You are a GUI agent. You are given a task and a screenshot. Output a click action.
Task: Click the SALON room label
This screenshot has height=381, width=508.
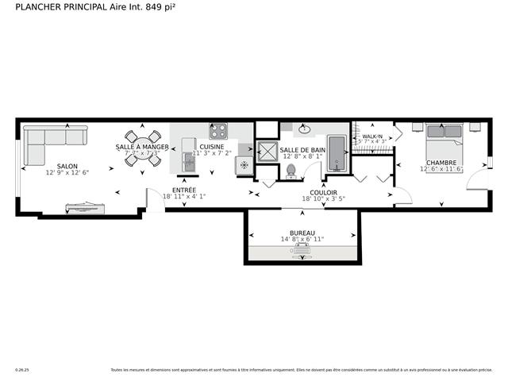click(x=67, y=165)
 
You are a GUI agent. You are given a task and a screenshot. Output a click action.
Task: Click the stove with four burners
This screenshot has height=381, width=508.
click(x=218, y=131)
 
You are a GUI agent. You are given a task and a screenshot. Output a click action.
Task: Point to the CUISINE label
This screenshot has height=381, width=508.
click(x=211, y=147)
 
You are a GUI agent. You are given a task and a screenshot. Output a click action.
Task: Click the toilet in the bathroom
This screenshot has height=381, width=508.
click(x=291, y=169)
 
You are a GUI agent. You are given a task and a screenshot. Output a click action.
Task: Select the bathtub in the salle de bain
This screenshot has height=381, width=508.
click(x=337, y=152)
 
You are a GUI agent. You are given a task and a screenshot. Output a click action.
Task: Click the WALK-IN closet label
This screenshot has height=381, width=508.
click(x=373, y=137)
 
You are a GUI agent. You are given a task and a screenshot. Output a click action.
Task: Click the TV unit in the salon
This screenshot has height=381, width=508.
click(x=84, y=207)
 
